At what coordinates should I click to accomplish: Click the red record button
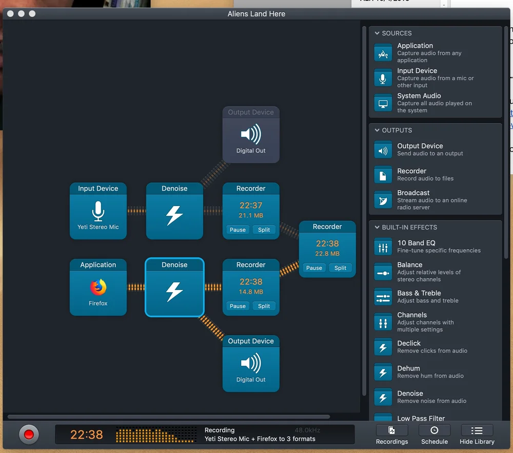click(29, 435)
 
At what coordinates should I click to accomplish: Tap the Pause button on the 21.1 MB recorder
click(238, 230)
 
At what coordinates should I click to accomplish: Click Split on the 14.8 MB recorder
click(264, 306)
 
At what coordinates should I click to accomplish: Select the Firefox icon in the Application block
click(98, 287)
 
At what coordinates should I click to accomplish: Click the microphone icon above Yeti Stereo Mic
click(98, 211)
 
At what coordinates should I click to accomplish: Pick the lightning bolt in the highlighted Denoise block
click(174, 292)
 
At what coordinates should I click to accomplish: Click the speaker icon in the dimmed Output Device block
click(251, 134)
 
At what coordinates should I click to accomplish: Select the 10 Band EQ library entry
click(416, 243)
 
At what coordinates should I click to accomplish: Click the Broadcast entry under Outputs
click(413, 193)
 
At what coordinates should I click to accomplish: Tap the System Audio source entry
click(419, 96)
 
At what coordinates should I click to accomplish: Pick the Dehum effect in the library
click(408, 368)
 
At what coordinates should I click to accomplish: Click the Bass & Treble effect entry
click(419, 293)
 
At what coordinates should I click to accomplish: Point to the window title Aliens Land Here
click(256, 14)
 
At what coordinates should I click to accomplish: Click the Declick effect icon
click(383, 347)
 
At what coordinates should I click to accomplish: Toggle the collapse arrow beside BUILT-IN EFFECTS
click(377, 227)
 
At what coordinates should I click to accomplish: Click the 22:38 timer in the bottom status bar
click(86, 435)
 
